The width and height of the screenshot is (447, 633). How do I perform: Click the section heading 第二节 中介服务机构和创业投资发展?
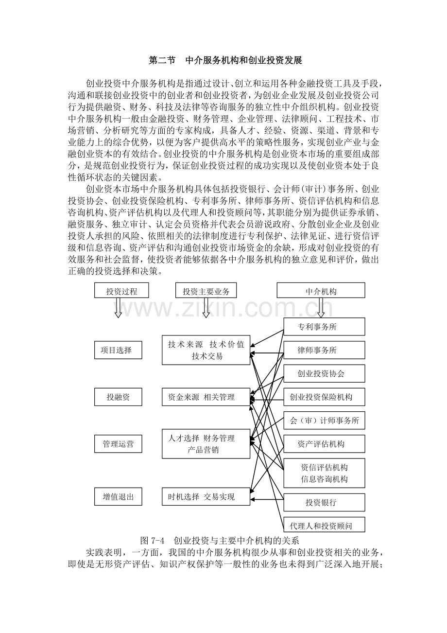point(225,61)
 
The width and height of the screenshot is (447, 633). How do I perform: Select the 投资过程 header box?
point(121,291)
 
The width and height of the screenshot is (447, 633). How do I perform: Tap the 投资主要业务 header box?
point(206,291)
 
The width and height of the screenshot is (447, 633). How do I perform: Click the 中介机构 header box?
point(321,291)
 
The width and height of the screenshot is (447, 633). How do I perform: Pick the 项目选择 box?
point(118,350)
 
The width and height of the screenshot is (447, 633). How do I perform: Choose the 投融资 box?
point(118,397)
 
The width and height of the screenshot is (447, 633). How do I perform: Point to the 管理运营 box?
point(118,444)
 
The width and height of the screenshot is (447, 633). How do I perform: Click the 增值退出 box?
point(118,496)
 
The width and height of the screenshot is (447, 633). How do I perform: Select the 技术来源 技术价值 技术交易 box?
point(206,350)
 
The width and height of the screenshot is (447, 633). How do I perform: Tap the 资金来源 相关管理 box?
point(206,397)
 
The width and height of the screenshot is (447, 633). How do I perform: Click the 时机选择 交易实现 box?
point(206,496)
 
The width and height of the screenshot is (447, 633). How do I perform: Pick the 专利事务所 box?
point(324,327)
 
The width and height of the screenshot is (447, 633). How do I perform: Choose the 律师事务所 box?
point(324,350)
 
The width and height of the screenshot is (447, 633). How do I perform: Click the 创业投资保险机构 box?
point(324,397)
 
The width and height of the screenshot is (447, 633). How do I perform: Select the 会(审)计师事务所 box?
point(324,421)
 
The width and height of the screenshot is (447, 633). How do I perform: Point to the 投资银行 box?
point(324,502)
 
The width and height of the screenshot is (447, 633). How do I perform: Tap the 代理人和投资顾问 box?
point(324,526)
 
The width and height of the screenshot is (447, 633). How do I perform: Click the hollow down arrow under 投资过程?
point(118,308)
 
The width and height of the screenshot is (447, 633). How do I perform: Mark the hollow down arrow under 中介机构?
point(321,307)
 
